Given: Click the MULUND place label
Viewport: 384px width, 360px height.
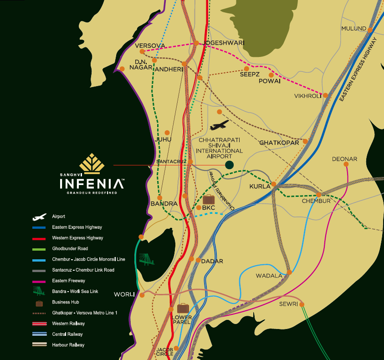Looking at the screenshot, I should coord(353,29).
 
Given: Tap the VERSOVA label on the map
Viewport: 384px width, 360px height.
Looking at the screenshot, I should coord(149,46).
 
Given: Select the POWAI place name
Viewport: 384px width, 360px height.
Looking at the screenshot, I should coord(269,81).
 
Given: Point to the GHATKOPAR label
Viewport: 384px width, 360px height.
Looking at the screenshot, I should coord(279,143).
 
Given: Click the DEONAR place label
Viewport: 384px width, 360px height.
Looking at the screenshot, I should coord(344,159).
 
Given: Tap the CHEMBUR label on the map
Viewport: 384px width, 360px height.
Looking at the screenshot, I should coord(316,201).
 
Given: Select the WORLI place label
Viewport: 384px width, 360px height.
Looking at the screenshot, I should coord(124,294).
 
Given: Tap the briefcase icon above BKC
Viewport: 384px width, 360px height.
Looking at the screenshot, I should coord(209,199).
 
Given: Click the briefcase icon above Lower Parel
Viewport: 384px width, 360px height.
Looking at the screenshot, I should coord(183,308).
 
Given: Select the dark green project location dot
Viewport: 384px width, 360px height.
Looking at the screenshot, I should coord(230,165).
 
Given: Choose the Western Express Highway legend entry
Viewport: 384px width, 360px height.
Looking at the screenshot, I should coord(77,238).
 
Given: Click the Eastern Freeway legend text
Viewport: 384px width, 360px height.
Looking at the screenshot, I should coord(68,281).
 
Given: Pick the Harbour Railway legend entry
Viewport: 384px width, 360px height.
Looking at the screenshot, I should coord(68,345).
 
